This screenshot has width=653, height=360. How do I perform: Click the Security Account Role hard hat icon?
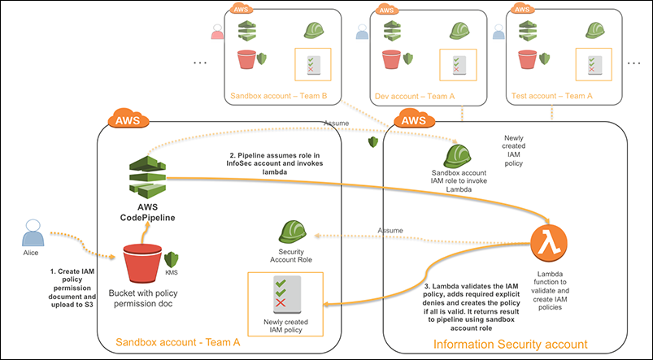click(x=291, y=233)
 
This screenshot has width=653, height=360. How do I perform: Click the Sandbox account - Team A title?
click(x=178, y=342)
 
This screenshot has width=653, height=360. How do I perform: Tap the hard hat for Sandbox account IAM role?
click(x=459, y=156)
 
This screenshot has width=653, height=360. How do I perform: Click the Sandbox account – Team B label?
click(x=279, y=95)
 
